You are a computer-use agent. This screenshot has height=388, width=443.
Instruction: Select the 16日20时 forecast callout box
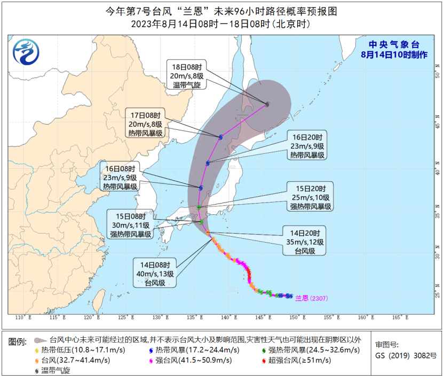pos(307,145)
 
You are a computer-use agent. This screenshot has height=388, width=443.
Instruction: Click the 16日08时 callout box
pos(120,177)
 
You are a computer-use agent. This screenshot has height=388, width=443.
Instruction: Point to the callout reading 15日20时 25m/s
pos(309,197)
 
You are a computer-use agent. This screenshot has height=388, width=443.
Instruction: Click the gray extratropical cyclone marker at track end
pos(267,104)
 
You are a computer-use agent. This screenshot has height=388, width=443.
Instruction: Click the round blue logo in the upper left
pos(26,52)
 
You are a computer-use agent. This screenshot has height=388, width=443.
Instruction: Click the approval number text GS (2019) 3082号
pos(406,355)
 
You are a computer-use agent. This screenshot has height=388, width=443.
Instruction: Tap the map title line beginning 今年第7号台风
pos(221,11)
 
